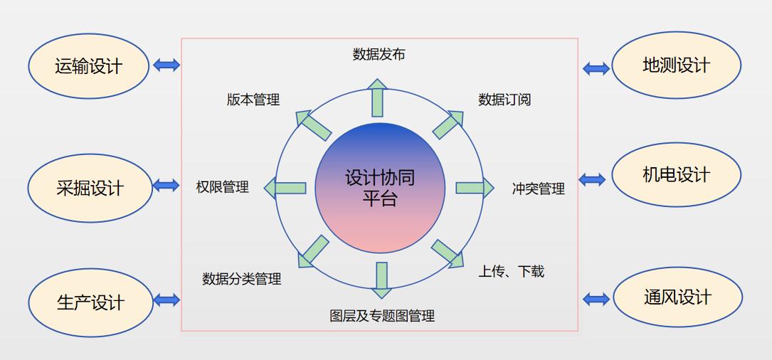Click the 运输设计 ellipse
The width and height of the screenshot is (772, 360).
[89, 66]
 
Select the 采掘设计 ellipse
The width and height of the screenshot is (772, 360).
[90, 188]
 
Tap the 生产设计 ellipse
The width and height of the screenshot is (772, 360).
[90, 302]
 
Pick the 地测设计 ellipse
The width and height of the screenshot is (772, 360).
[676, 65]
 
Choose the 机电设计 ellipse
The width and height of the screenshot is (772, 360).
[676, 174]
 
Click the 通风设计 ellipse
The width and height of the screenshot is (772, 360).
[677, 297]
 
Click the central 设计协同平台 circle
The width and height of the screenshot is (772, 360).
[380, 188]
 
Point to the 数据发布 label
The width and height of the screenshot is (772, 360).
[379, 54]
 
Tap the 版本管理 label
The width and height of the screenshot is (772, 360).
[253, 100]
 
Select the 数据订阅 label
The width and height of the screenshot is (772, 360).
[504, 100]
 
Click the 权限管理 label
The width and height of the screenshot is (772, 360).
[223, 187]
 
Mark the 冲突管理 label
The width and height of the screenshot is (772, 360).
[538, 189]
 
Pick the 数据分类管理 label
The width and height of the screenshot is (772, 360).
[242, 279]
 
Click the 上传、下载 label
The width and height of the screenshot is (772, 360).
[511, 271]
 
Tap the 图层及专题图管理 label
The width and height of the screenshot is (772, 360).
[382, 316]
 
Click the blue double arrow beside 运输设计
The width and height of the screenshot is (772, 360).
[166, 65]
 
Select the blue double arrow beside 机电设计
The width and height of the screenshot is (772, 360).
[592, 179]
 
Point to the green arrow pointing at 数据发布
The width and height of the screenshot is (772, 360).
[377, 97]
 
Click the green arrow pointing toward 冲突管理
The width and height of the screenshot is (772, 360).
[475, 188]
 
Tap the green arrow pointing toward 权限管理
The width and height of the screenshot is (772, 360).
[285, 188]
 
